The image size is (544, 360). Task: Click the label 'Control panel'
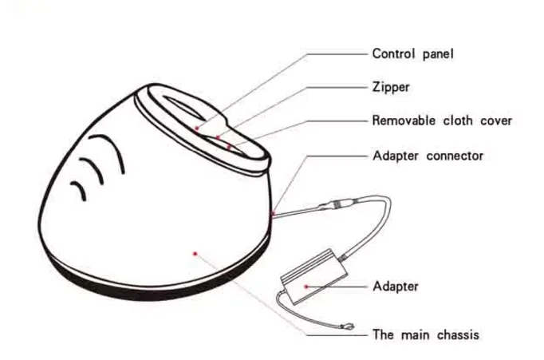[412, 54]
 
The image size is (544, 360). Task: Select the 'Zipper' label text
[391, 87]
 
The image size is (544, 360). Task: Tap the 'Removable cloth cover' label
[442, 121]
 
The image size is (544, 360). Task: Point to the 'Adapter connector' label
[428, 156]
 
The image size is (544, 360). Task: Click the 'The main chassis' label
[426, 334]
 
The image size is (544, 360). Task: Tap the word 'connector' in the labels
[455, 156]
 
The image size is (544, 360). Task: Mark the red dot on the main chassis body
[195, 254]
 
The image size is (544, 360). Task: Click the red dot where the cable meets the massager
[273, 214]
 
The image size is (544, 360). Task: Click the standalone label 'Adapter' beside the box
[395, 286]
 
